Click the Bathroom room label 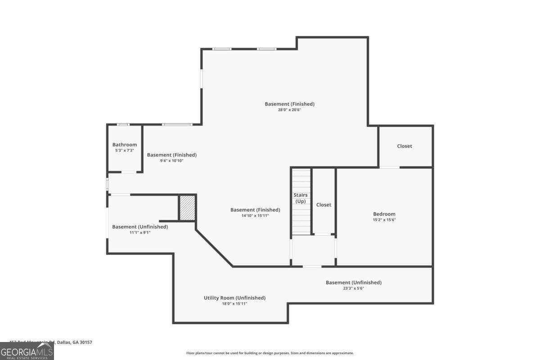(125, 144)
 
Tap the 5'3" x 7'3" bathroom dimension (125, 150)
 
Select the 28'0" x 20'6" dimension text (289, 110)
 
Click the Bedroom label (384, 214)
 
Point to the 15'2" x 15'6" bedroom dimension (384, 220)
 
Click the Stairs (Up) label (301, 198)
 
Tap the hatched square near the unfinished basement (187, 208)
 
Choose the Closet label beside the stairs (324, 205)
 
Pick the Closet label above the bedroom (405, 146)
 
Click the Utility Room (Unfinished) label (234, 297)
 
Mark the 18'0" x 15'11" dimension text (234, 304)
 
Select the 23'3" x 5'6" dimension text (353, 288)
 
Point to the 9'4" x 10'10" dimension (171, 161)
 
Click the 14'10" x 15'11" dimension (255, 216)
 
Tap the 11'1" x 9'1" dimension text (140, 233)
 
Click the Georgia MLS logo (27, 351)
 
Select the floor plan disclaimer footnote (270, 353)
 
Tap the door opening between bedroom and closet (390, 167)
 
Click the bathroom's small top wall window (122, 125)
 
